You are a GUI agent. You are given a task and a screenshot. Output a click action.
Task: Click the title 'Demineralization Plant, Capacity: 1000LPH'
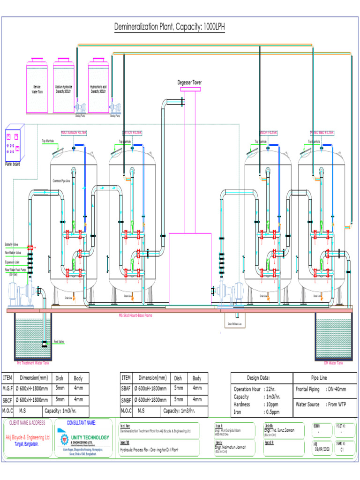click(170, 27)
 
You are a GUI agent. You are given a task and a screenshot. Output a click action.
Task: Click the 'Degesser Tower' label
click(189, 82)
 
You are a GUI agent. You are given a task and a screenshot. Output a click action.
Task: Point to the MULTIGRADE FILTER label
click(74, 133)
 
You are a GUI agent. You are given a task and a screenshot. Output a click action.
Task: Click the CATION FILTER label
click(132, 133)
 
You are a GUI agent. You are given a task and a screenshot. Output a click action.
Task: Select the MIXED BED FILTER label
click(322, 133)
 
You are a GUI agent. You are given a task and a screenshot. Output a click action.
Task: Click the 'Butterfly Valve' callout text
click(12, 244)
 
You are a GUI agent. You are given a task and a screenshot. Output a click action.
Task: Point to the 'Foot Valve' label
click(59, 341)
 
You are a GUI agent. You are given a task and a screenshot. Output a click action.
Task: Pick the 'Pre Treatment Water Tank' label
click(33, 363)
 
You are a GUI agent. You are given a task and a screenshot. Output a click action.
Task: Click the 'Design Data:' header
click(258, 378)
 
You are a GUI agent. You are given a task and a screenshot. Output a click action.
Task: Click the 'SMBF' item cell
click(126, 399)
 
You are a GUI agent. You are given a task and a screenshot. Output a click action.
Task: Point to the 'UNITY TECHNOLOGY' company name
click(89, 437)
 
